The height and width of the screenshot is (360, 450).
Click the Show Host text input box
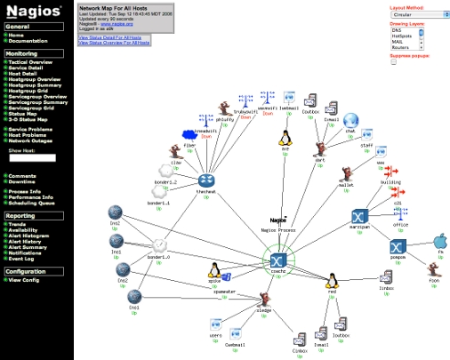[x=38, y=158]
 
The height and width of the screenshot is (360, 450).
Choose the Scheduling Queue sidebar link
[x=34, y=203]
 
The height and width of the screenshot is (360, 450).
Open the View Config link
[x=24, y=280]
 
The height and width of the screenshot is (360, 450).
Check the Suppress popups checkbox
[x=393, y=62]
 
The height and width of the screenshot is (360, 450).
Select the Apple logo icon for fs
[x=438, y=242]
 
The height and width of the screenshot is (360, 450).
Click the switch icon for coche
[x=277, y=260]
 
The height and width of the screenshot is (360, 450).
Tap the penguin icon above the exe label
[x=286, y=137]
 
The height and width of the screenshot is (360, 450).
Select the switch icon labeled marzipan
[x=359, y=218]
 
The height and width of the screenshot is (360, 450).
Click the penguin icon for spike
[x=213, y=272]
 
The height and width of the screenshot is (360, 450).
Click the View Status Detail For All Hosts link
[x=110, y=36]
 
